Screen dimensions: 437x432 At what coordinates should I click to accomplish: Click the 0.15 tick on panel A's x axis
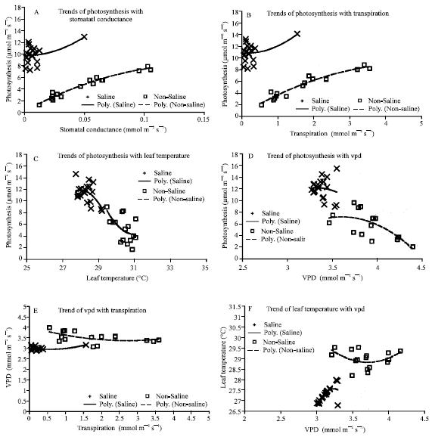(x=203, y=119)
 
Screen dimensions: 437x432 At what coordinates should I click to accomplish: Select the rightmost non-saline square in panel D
(x=413, y=246)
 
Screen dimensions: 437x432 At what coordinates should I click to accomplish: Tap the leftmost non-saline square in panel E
(x=49, y=328)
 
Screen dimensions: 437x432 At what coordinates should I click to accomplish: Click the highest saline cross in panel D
(x=337, y=169)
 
